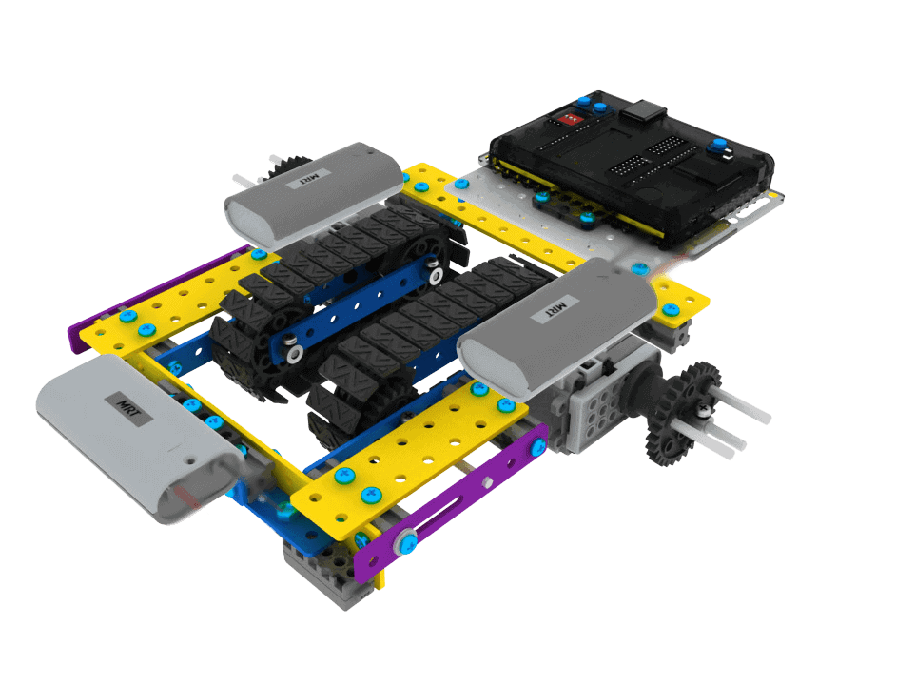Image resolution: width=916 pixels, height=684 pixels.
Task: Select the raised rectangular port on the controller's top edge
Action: pyautogui.click(x=643, y=109)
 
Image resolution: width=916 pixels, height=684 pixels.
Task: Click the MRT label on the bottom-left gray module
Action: pyautogui.click(x=128, y=408)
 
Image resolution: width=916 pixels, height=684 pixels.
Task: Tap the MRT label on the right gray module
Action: pyautogui.click(x=556, y=307)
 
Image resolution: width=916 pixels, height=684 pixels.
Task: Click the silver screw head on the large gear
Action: pyautogui.click(x=705, y=411)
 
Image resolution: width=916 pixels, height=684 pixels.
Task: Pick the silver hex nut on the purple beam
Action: pyautogui.click(x=487, y=482)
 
